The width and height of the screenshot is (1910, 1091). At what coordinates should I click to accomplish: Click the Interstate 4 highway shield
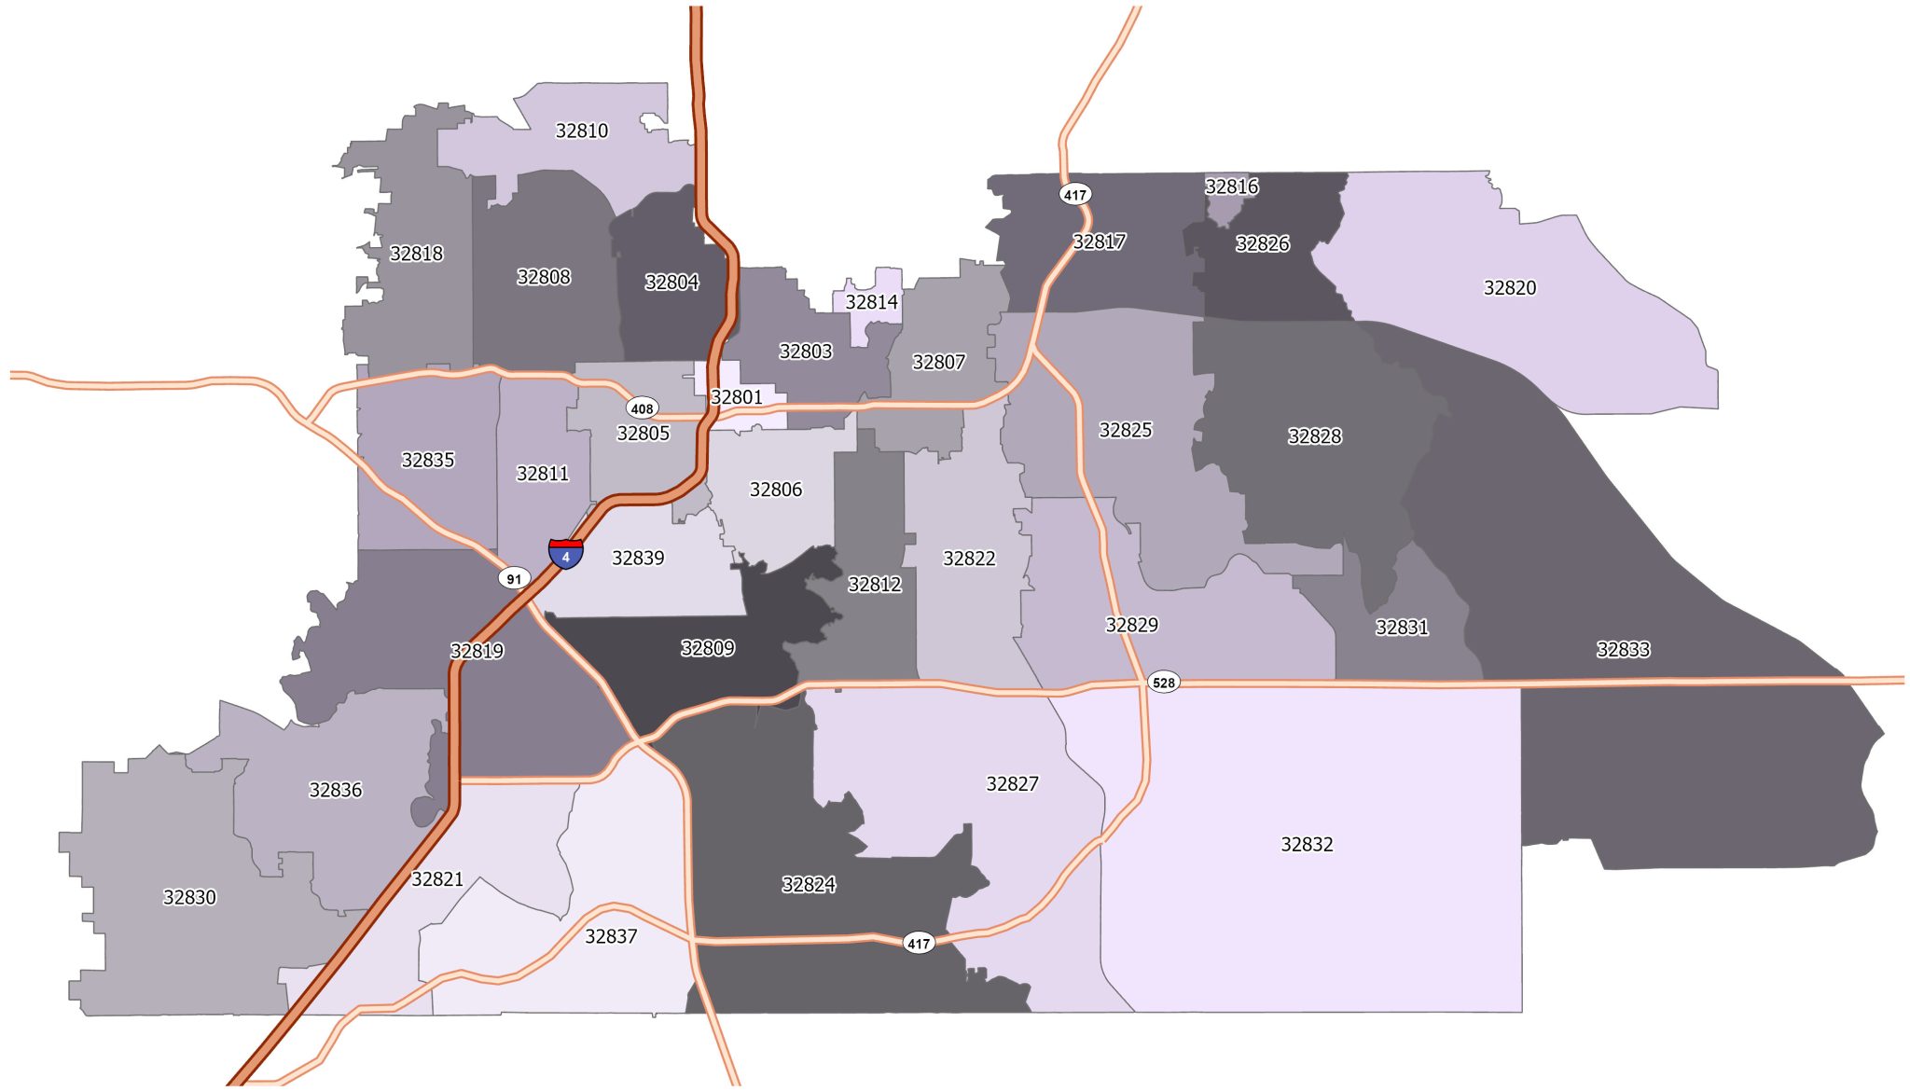(565, 554)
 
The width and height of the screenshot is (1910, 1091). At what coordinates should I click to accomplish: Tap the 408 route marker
(642, 408)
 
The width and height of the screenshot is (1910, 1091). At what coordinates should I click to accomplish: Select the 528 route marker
(1163, 683)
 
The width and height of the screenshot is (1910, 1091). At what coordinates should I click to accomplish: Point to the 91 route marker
(514, 579)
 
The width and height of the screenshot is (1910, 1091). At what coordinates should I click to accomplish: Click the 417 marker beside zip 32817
(1075, 195)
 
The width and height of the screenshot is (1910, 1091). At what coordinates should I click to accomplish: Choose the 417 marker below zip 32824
(919, 944)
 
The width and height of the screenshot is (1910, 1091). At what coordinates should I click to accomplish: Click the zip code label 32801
(737, 397)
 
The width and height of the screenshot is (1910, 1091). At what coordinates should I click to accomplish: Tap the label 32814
(871, 302)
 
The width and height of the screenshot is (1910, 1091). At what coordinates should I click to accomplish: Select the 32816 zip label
(1231, 186)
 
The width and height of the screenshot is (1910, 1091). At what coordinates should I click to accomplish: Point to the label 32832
(1307, 845)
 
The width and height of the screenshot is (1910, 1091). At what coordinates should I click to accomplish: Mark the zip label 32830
(189, 897)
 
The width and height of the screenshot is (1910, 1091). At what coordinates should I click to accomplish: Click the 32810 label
(581, 131)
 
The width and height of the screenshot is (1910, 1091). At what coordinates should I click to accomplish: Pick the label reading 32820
(1509, 288)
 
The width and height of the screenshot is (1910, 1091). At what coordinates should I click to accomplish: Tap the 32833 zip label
(1623, 650)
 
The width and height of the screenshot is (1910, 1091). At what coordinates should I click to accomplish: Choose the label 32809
(707, 648)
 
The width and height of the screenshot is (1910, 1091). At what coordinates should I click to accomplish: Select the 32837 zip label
(611, 936)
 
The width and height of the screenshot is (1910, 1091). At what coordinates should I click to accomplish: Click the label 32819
(477, 651)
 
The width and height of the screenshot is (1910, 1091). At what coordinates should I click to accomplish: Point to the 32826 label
(1262, 244)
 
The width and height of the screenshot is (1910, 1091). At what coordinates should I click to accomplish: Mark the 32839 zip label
(638, 559)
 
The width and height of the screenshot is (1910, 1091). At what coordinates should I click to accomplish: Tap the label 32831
(1401, 628)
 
